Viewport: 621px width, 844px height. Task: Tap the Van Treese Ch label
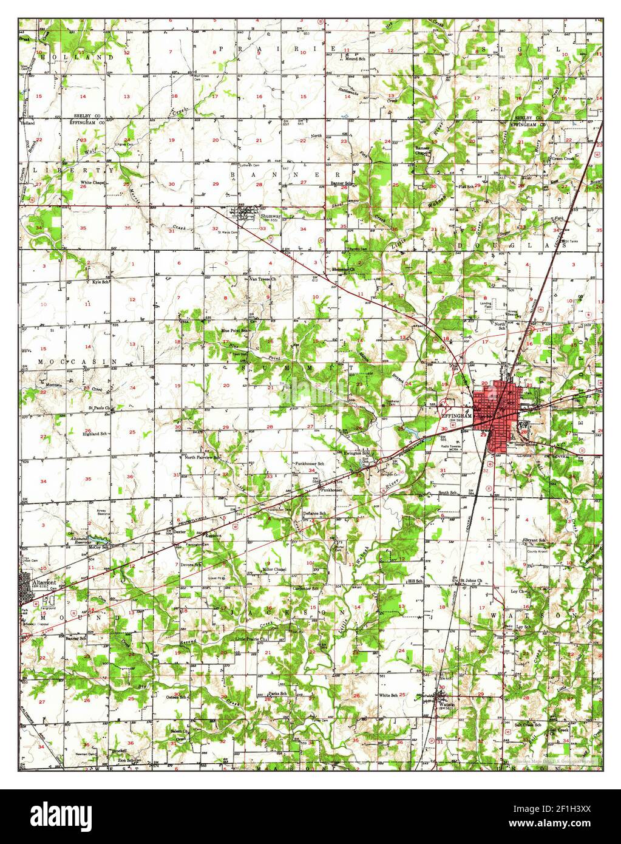point(263,279)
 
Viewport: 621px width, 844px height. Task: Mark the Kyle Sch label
point(100,282)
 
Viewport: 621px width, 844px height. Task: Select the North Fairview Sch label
point(202,457)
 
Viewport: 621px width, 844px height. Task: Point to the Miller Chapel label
point(274,570)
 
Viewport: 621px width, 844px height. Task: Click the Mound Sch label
point(355,59)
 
